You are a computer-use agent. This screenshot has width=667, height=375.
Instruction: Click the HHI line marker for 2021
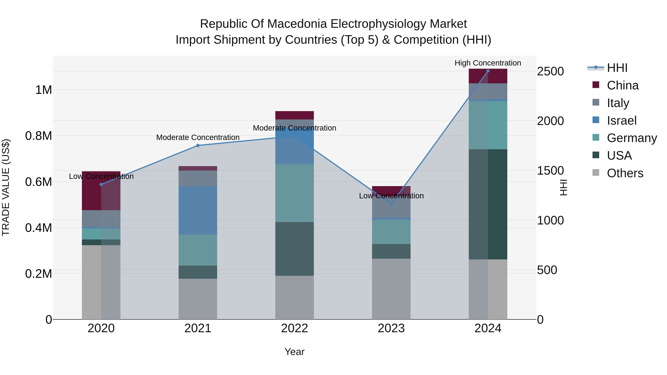pos(198,145)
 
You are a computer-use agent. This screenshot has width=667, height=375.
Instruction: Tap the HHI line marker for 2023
pos(391,204)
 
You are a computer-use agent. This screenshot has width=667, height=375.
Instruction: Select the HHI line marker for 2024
pos(488,71)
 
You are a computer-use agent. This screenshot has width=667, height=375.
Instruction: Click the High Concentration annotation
pos(488,63)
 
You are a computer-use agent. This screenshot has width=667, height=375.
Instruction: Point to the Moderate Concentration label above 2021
pos(198,137)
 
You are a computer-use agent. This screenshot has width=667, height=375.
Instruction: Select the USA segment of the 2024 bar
pos(488,204)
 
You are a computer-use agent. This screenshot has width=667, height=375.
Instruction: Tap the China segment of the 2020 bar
pos(101,191)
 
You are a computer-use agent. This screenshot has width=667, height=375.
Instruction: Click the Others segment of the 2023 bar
pos(391,289)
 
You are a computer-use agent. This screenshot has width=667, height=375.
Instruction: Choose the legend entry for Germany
pos(632,138)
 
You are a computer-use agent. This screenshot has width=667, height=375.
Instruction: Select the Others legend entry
pos(625,173)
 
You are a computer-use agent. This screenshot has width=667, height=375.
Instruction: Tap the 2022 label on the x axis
pos(294,328)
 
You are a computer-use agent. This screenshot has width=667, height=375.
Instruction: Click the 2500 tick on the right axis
pos(550,71)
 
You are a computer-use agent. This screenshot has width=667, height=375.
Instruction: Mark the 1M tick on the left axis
pos(44,90)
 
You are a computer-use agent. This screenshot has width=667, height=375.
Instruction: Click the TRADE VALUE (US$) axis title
pos(6,187)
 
